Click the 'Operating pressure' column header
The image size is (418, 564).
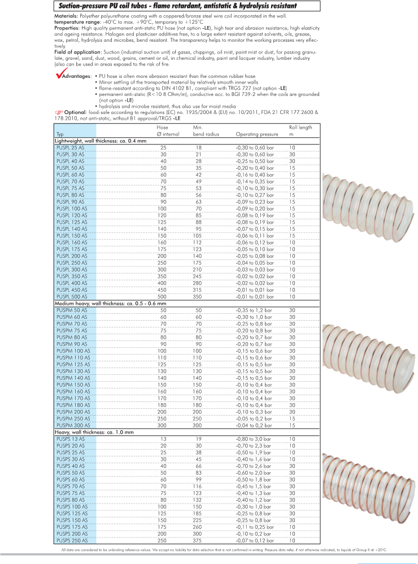click(x=256, y=135)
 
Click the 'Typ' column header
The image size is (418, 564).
click(x=60, y=135)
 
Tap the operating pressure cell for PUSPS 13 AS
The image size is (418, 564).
click(x=254, y=439)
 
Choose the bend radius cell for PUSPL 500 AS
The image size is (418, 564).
click(x=198, y=296)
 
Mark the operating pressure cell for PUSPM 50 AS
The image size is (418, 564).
click(x=254, y=310)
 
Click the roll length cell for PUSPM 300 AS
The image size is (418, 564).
click(x=292, y=425)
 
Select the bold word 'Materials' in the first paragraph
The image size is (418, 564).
click(x=67, y=16)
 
